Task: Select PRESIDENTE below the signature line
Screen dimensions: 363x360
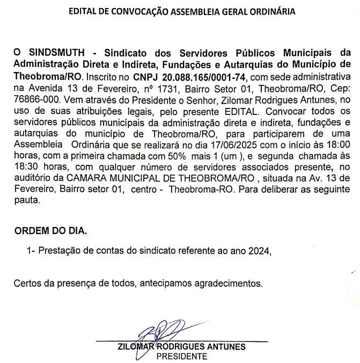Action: tap(181, 355)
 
